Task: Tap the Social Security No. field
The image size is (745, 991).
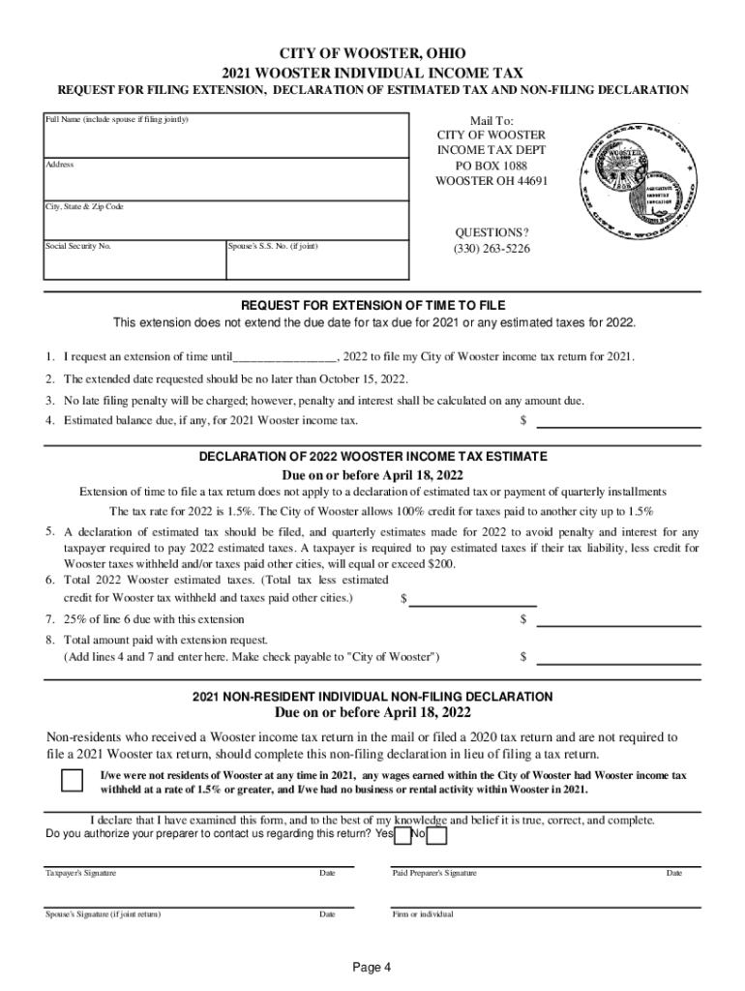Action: pyautogui.click(x=133, y=259)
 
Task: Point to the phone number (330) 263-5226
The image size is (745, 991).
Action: pyautogui.click(x=492, y=249)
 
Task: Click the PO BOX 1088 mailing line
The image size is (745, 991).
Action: pyautogui.click(x=492, y=165)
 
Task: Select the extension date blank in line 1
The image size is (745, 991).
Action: pyautogui.click(x=284, y=357)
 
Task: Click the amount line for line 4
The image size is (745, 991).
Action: pyautogui.click(x=618, y=421)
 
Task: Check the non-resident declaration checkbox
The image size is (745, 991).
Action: pyautogui.click(x=72, y=781)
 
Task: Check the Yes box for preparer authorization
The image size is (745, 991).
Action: pyautogui.click(x=403, y=835)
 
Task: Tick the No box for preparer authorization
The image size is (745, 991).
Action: pyautogui.click(x=436, y=835)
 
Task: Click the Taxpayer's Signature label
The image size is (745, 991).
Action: pyautogui.click(x=81, y=873)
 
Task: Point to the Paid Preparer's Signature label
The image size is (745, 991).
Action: pyautogui.click(x=434, y=873)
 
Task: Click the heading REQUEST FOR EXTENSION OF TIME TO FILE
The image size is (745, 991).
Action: pyautogui.click(x=372, y=305)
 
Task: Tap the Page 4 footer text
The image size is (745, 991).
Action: pyautogui.click(x=372, y=967)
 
